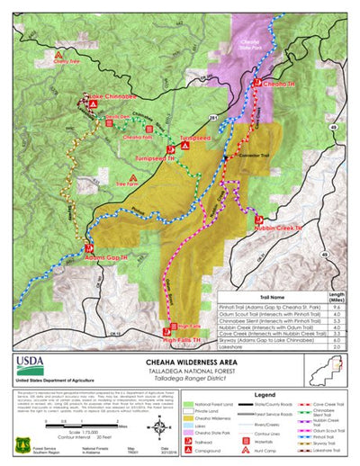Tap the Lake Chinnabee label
(x=112, y=95)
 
